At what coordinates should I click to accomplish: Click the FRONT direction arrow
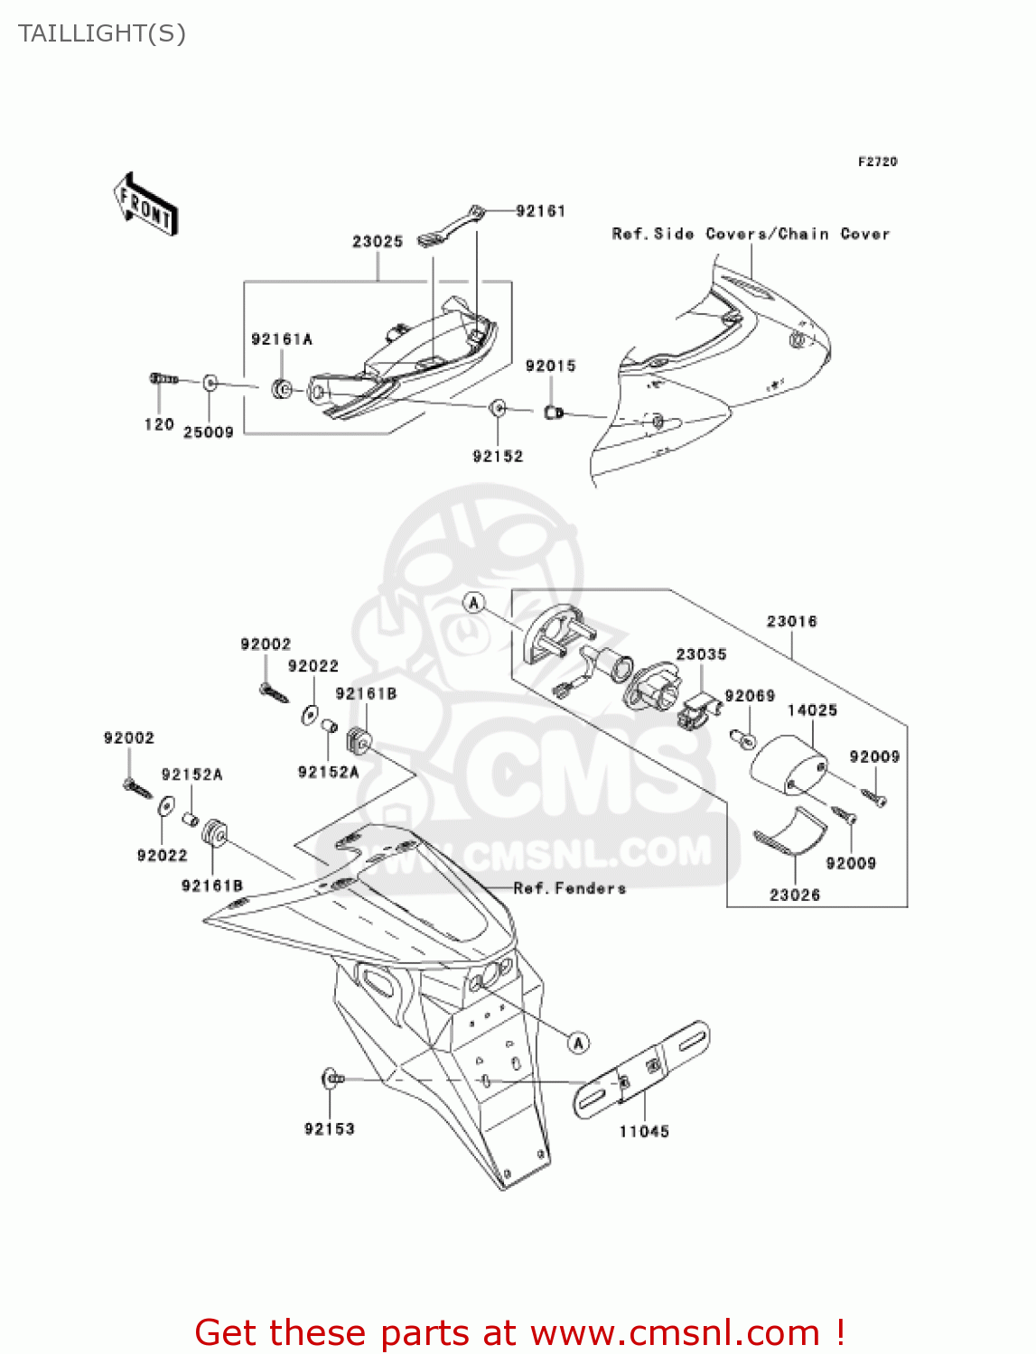click(145, 204)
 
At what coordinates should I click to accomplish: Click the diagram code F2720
click(877, 162)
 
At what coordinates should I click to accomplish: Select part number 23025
click(378, 241)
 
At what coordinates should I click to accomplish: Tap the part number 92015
click(550, 366)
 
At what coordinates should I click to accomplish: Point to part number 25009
click(209, 432)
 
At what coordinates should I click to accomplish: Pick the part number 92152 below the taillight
click(498, 456)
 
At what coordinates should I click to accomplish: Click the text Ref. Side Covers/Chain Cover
click(751, 234)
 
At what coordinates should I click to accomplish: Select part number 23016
click(791, 621)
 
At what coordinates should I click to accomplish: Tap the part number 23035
click(701, 654)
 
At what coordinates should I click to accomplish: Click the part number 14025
click(812, 710)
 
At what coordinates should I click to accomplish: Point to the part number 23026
click(795, 895)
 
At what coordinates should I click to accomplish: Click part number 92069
click(750, 696)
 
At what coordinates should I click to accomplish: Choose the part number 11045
click(644, 1131)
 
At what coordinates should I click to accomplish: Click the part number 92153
click(330, 1128)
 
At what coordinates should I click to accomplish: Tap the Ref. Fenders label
click(569, 888)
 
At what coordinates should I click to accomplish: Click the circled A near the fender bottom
click(578, 1043)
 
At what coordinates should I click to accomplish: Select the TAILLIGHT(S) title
click(102, 33)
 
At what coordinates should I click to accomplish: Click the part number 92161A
click(282, 339)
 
